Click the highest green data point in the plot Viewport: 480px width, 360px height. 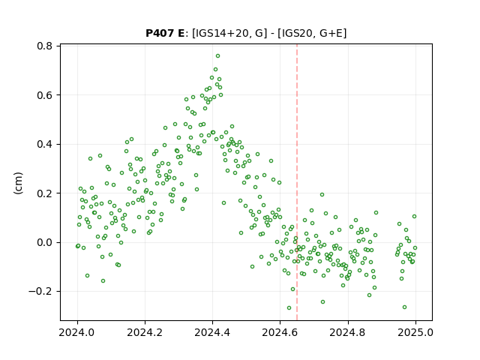[217, 56]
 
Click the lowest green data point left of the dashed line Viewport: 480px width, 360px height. [289, 307]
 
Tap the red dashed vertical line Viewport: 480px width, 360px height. [297, 182]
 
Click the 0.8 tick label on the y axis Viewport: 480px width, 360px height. [44, 46]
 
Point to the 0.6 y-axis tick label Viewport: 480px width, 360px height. [44, 95]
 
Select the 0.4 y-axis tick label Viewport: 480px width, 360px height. [44, 144]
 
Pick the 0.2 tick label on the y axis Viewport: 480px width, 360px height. [44, 193]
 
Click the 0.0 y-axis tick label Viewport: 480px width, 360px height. [44, 242]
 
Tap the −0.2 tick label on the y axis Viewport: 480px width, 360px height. [40, 292]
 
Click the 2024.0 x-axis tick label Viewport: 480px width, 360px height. [77, 332]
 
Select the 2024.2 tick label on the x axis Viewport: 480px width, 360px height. [145, 332]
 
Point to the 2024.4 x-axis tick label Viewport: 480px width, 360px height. [212, 332]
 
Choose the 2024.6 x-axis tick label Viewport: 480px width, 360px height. [280, 332]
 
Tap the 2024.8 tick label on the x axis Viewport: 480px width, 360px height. [348, 332]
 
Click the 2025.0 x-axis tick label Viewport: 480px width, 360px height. [415, 332]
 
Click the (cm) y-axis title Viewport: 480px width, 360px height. [18, 183]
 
